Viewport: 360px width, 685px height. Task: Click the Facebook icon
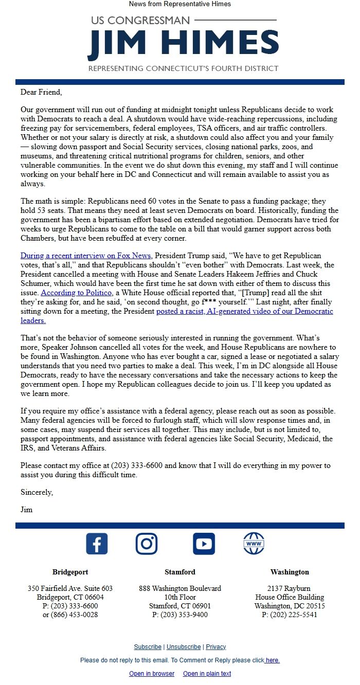click(97, 544)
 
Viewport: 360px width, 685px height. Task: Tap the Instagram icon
click(147, 544)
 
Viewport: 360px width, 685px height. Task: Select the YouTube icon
click(204, 544)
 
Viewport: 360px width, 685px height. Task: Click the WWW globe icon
click(254, 544)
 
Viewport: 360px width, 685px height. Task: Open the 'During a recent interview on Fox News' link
click(86, 256)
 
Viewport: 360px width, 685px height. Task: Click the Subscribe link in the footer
click(148, 647)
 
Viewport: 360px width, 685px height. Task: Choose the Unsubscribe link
click(184, 647)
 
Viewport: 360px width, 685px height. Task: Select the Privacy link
click(216, 647)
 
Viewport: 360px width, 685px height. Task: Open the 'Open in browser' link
click(152, 674)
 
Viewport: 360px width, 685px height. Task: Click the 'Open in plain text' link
click(207, 674)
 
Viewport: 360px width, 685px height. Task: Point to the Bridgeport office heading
click(70, 572)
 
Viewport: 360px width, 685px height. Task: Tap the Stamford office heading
click(180, 572)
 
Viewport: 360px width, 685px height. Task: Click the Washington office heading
click(290, 572)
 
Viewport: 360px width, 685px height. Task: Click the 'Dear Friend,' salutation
click(41, 93)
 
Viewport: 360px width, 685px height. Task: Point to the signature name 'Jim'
click(27, 510)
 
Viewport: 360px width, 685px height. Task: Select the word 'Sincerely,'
click(37, 492)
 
